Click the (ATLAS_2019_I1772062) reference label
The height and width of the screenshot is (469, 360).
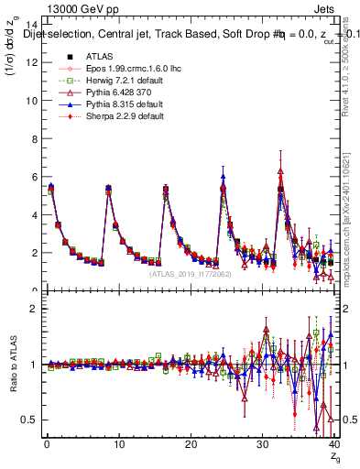[x=190, y=274]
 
